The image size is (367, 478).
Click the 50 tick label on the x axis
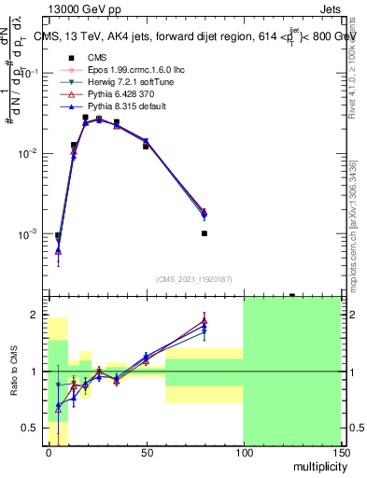[x=146, y=451]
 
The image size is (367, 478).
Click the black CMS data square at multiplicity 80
[x=204, y=233]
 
